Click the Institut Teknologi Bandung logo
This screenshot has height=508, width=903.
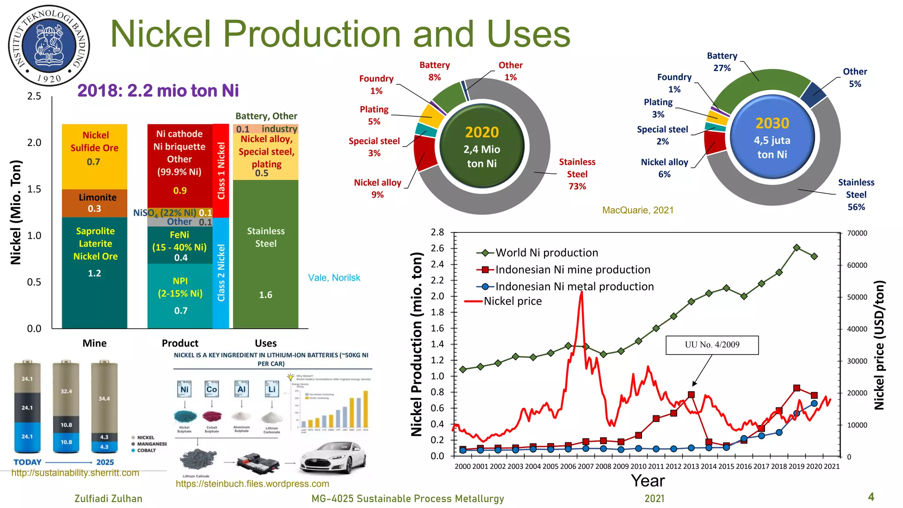coord(49,45)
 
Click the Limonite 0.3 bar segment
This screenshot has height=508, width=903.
coord(94,203)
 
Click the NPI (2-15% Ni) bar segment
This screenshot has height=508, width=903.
coord(180,295)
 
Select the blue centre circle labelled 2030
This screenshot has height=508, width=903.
coord(772,137)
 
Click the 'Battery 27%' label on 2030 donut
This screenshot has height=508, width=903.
coord(722,62)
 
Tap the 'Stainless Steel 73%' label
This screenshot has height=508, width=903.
coord(577,174)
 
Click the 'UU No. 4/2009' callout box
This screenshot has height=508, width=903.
coord(712,345)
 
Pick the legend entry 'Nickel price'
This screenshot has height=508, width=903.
coord(512,301)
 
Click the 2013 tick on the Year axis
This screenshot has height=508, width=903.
coord(691,467)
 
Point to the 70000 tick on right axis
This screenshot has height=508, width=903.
coord(857,233)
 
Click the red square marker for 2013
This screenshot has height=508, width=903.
coord(691,395)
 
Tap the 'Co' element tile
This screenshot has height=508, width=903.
coord(212,389)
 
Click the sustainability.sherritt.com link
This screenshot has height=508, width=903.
coord(75,473)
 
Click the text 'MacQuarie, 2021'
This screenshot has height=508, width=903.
coord(638,210)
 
